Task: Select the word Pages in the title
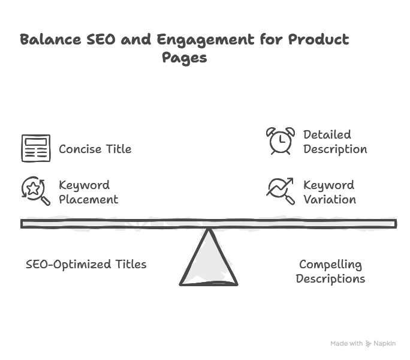tap(184, 58)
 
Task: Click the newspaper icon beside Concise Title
tap(36, 148)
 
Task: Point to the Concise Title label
tap(95, 149)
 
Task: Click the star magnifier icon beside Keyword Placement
tap(36, 191)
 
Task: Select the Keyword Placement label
tap(88, 192)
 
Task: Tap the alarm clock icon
tap(280, 141)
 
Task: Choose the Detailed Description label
tap(334, 142)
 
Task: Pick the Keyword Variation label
tap(329, 192)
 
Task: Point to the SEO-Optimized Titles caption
tap(86, 264)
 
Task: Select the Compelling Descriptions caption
tap(330, 271)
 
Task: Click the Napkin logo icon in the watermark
tap(369, 344)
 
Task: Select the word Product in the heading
tap(318, 40)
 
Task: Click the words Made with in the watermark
tap(346, 344)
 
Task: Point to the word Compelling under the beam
tap(330, 264)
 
